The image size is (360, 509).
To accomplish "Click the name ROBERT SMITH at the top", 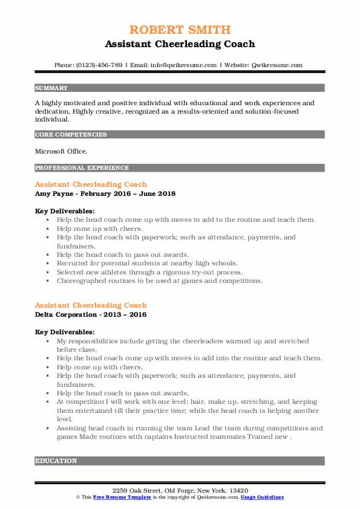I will (180, 30).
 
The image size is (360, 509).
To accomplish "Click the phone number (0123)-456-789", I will (103, 65).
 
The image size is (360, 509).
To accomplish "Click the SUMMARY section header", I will (51, 88).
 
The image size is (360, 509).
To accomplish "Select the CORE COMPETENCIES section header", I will (71, 135).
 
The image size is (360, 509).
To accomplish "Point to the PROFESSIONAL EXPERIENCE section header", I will (82, 167).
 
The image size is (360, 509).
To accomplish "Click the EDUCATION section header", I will (56, 461).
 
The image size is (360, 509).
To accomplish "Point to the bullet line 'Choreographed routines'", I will (160, 280).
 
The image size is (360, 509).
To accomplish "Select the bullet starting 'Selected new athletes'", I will (149, 272).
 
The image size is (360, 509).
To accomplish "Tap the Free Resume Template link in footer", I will (119, 496).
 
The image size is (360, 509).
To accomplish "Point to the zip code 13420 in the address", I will (238, 490).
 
